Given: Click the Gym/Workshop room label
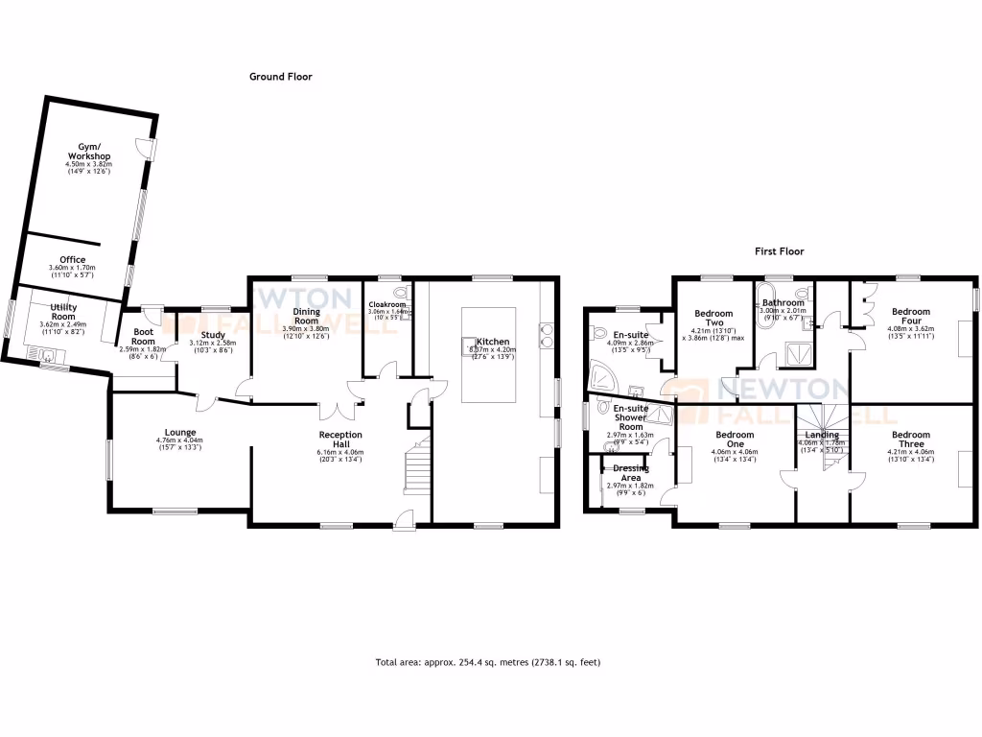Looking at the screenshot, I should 94,153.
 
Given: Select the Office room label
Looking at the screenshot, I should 72,260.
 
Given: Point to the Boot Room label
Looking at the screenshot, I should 143,337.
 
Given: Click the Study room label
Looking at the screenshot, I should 213,335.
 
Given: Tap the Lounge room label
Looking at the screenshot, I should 179,433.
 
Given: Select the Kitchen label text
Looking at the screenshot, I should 494,342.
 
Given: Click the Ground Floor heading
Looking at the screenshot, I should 280,77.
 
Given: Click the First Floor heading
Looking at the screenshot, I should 778,251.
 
